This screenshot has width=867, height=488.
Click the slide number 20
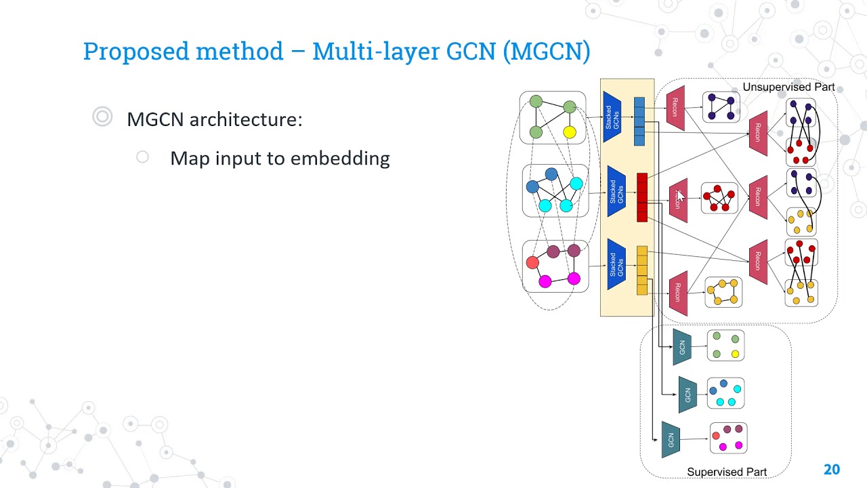831,469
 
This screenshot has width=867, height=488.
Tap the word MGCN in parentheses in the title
547,52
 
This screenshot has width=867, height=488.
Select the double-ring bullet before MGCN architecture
102,117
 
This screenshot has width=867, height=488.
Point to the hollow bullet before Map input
142,157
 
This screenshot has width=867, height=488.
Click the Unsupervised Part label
788,87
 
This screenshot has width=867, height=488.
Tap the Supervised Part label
727,472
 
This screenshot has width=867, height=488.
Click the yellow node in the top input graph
570,132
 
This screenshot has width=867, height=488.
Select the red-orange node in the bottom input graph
532,262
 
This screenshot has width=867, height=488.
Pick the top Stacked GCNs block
612,117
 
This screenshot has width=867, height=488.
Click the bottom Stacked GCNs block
615,264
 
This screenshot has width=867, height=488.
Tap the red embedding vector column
642,197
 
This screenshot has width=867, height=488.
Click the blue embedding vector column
639,121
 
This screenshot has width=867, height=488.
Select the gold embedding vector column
642,270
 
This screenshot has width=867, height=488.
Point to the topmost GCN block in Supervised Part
681,347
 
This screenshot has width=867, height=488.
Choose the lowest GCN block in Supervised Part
671,439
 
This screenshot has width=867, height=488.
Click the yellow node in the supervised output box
735,354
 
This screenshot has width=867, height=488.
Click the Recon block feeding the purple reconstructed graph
675,107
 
